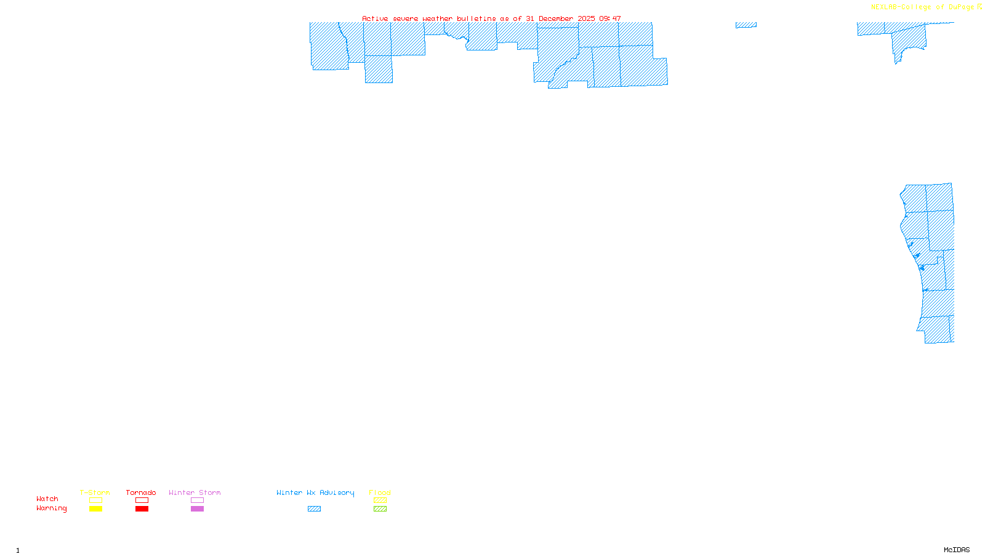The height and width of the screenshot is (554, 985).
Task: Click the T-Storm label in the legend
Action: (x=95, y=492)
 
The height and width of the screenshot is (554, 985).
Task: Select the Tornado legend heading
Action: (x=141, y=492)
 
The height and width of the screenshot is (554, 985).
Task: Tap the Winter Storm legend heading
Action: (x=195, y=492)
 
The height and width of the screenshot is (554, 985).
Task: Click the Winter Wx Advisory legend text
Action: (x=315, y=492)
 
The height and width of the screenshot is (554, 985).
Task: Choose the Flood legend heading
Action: (x=380, y=492)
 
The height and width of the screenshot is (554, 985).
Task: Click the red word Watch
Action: (x=47, y=499)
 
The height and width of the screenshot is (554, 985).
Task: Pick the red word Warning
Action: (x=52, y=508)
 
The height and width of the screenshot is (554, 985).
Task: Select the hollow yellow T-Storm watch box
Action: (x=95, y=500)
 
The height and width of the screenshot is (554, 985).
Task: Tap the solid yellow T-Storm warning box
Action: (x=95, y=509)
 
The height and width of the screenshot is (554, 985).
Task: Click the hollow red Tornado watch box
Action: (x=142, y=500)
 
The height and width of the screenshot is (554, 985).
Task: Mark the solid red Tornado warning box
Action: (x=142, y=509)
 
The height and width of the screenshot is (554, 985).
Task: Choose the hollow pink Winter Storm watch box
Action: (x=197, y=500)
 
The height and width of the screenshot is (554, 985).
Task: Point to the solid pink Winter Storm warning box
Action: (x=197, y=509)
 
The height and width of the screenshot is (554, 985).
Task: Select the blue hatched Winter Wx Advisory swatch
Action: (x=314, y=509)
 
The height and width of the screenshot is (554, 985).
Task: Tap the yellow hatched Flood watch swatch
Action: (x=380, y=500)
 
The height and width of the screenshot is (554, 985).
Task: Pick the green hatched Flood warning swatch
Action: (x=380, y=509)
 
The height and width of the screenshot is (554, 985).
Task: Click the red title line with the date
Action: (x=491, y=18)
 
